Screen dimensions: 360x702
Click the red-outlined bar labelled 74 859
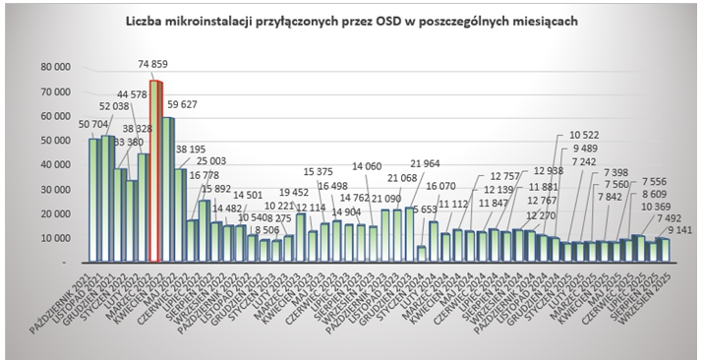(154, 171)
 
